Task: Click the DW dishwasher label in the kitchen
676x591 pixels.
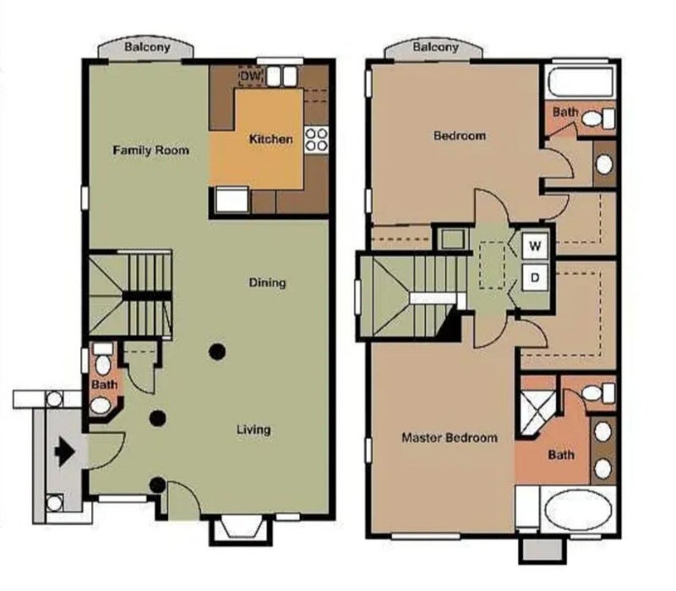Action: pyautogui.click(x=250, y=76)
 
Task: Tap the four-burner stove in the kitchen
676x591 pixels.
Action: pyautogui.click(x=316, y=140)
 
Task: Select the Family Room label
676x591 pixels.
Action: pyautogui.click(x=151, y=150)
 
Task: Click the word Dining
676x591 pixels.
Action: pyautogui.click(x=267, y=282)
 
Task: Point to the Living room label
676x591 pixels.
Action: pyautogui.click(x=254, y=430)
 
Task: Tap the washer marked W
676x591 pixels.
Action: pyautogui.click(x=535, y=246)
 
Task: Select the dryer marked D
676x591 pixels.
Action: pyautogui.click(x=535, y=277)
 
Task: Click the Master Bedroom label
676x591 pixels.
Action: pyautogui.click(x=450, y=438)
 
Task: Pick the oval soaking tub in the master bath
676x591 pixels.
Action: pyautogui.click(x=578, y=511)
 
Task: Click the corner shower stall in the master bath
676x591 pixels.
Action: pyautogui.click(x=537, y=413)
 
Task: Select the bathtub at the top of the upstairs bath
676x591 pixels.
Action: pyautogui.click(x=581, y=82)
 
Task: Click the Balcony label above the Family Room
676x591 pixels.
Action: pyautogui.click(x=147, y=47)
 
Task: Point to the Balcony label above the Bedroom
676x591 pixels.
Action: pyautogui.click(x=435, y=47)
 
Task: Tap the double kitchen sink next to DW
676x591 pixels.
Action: pyautogui.click(x=282, y=76)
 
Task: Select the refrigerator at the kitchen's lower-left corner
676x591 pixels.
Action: pyautogui.click(x=232, y=200)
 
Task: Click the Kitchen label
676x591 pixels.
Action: pyautogui.click(x=271, y=139)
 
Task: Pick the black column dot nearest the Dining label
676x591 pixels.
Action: pyautogui.click(x=217, y=352)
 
